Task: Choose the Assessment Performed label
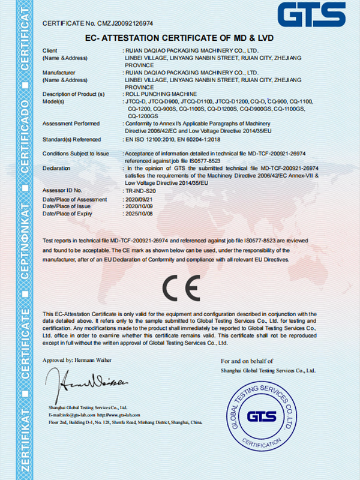pyautogui.click(x=72, y=123)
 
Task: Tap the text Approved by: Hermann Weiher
pyautogui.click(x=77, y=360)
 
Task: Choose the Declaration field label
pyautogui.click(x=58, y=168)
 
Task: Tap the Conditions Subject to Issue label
pyautogui.click(x=76, y=154)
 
